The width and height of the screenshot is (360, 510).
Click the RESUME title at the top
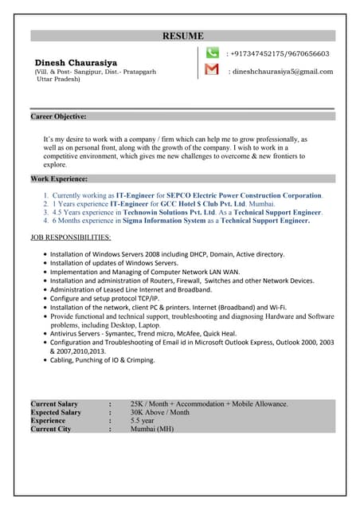point(183,36)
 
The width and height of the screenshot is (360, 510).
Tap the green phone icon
point(212,53)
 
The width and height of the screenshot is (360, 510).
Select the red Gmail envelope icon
point(212,70)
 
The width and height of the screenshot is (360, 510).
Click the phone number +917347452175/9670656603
point(279,53)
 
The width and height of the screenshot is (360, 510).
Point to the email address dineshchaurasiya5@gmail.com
point(282,71)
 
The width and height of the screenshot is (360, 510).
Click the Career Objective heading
point(58,116)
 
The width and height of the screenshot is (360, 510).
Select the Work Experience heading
point(59,178)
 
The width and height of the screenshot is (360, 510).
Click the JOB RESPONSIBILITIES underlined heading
point(71,237)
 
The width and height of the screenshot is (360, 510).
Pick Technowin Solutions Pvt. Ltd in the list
point(168,213)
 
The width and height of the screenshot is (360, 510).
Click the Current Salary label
point(54,404)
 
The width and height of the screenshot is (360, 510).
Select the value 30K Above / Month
point(160,412)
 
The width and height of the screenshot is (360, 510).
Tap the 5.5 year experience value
point(143,421)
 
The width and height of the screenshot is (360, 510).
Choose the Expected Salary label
point(56,412)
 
